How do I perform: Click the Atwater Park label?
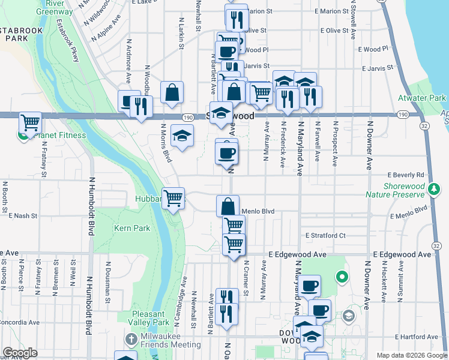pyautogui.click(x=422, y=97)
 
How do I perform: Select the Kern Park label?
pyautogui.click(x=132, y=229)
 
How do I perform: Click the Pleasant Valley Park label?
pyautogui.click(x=149, y=318)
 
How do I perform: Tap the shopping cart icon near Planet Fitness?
pyautogui.click(x=30, y=123)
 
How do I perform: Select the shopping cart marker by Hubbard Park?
pyautogui.click(x=173, y=197)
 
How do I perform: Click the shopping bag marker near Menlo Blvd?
pyautogui.click(x=228, y=206)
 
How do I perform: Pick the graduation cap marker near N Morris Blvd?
pyautogui.click(x=182, y=136)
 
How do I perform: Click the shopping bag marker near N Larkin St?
pyautogui.click(x=172, y=92)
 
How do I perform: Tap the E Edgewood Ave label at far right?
pyautogui.click(x=402, y=255)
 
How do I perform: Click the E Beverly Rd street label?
pyautogui.click(x=405, y=175)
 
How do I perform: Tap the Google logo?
pyautogui.click(x=20, y=353)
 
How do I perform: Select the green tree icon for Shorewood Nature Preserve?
pyautogui.click(x=435, y=190)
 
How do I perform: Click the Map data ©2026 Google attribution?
pyautogui.click(x=411, y=355)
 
